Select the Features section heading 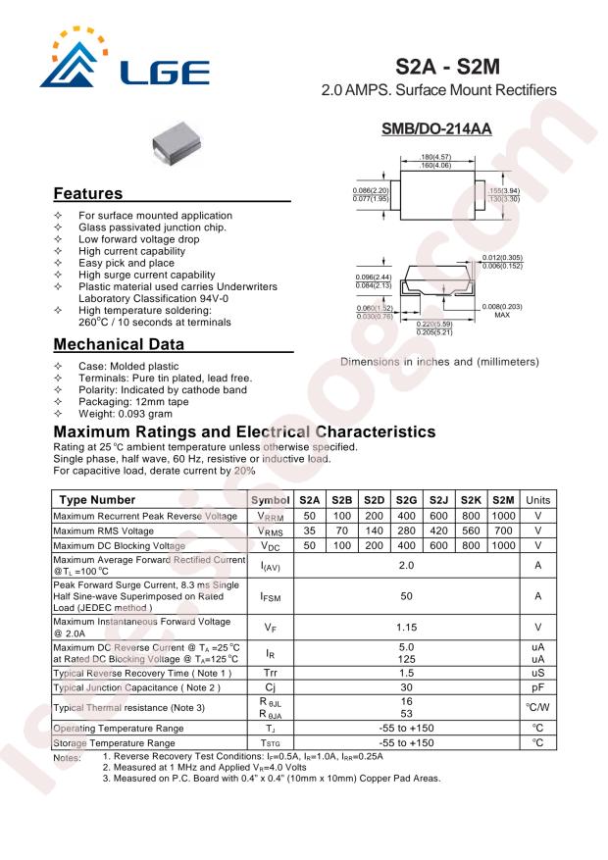tap(88, 193)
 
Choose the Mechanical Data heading tap(119, 344)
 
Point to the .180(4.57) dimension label tap(433, 157)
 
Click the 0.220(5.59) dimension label tap(433, 325)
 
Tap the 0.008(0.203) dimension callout tap(502, 307)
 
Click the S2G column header tap(407, 500)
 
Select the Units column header tap(537, 500)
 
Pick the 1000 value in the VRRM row tap(503, 516)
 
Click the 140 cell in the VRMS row tap(375, 531)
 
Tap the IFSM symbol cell tap(271, 595)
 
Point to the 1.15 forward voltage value tap(406, 626)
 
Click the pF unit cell tap(537, 687)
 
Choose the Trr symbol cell tap(271, 673)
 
